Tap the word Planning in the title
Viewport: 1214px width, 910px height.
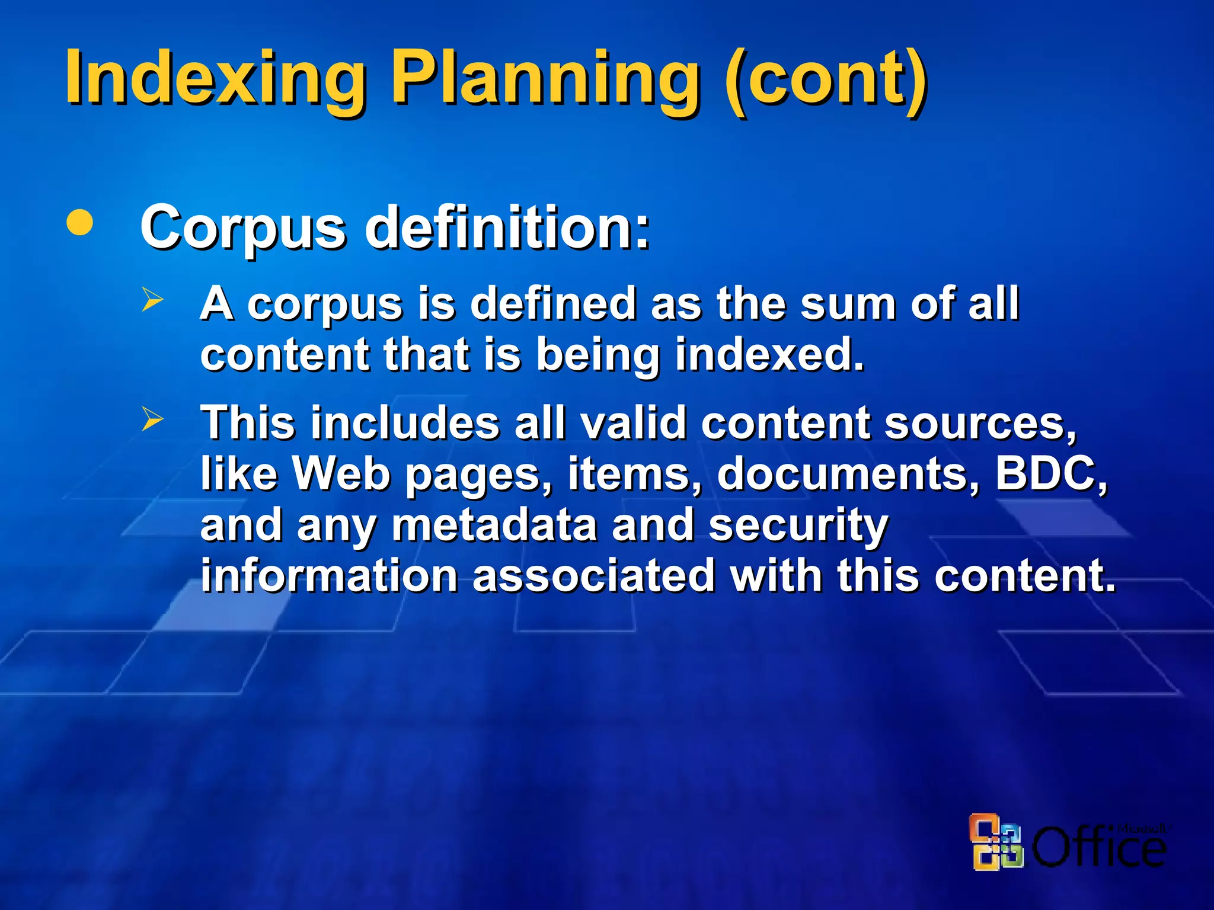pos(545,78)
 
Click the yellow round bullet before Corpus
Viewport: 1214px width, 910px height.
pos(80,222)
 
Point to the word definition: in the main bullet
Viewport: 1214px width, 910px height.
pos(507,227)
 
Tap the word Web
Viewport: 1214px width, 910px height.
pos(342,474)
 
